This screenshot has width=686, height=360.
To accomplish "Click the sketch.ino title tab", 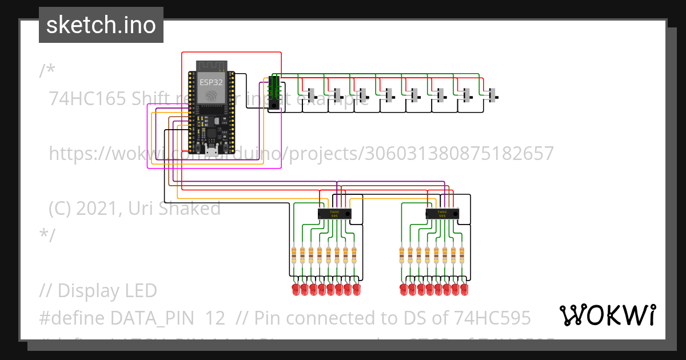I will [x=101, y=25].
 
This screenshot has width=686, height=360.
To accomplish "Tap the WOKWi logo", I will [x=607, y=315].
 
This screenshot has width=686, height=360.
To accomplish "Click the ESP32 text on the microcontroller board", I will [x=211, y=82].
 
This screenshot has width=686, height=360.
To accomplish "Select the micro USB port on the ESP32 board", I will [x=212, y=151].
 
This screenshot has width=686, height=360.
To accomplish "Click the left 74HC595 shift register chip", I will [x=334, y=214].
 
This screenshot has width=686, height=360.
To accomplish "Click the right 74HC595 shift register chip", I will [x=442, y=214].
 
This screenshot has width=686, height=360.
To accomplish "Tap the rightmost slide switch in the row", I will [x=493, y=94].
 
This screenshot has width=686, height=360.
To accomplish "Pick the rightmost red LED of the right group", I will [x=464, y=290].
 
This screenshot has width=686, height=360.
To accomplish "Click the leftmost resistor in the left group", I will [x=294, y=255].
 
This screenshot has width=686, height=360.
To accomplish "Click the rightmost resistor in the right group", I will [x=462, y=255].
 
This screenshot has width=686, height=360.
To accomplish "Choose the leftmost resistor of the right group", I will [x=402, y=255].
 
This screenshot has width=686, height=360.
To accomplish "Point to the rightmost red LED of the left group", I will [x=356, y=290].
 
